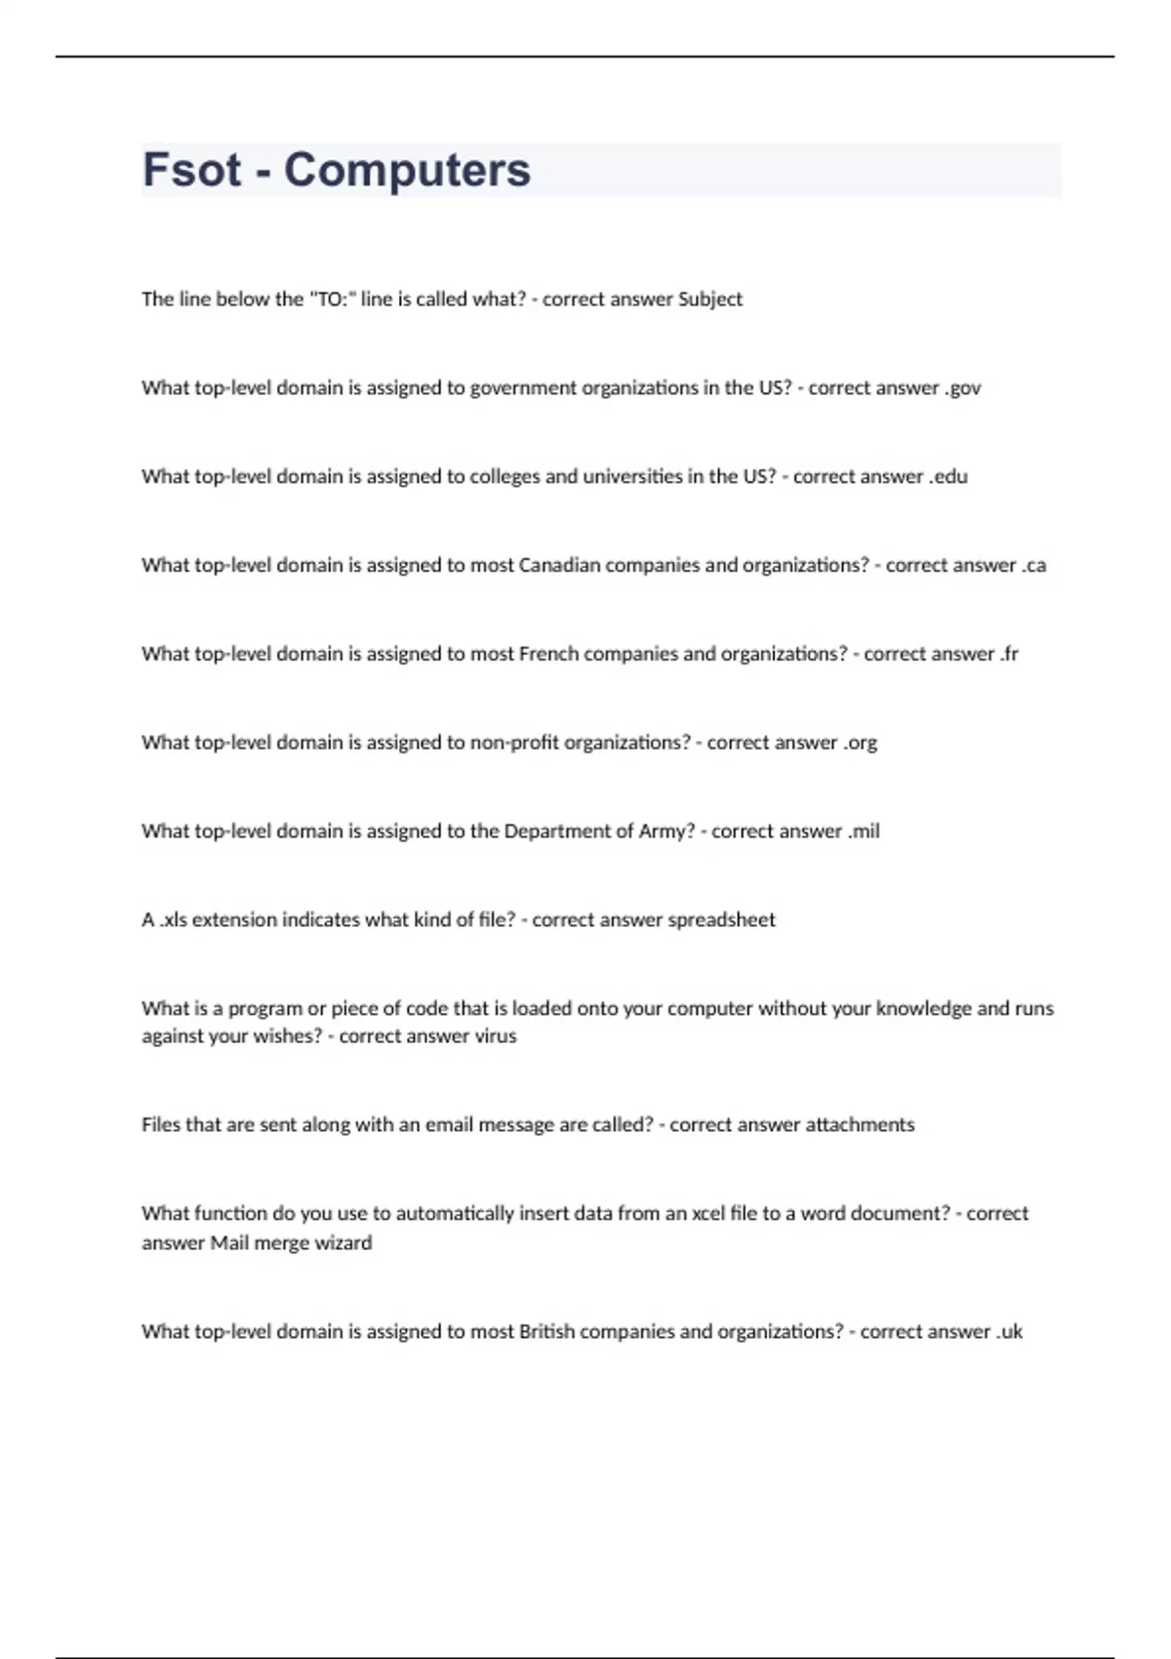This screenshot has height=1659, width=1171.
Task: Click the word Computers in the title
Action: [407, 170]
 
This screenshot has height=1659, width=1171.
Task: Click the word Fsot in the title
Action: [191, 170]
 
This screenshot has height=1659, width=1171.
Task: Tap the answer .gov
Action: [962, 388]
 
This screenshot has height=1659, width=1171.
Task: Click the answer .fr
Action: [1009, 654]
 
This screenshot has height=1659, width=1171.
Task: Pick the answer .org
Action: [860, 743]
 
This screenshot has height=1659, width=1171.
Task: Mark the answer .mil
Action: [864, 831]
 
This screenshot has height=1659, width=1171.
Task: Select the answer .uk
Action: [1009, 1332]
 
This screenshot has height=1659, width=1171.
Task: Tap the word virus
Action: [495, 1036]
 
